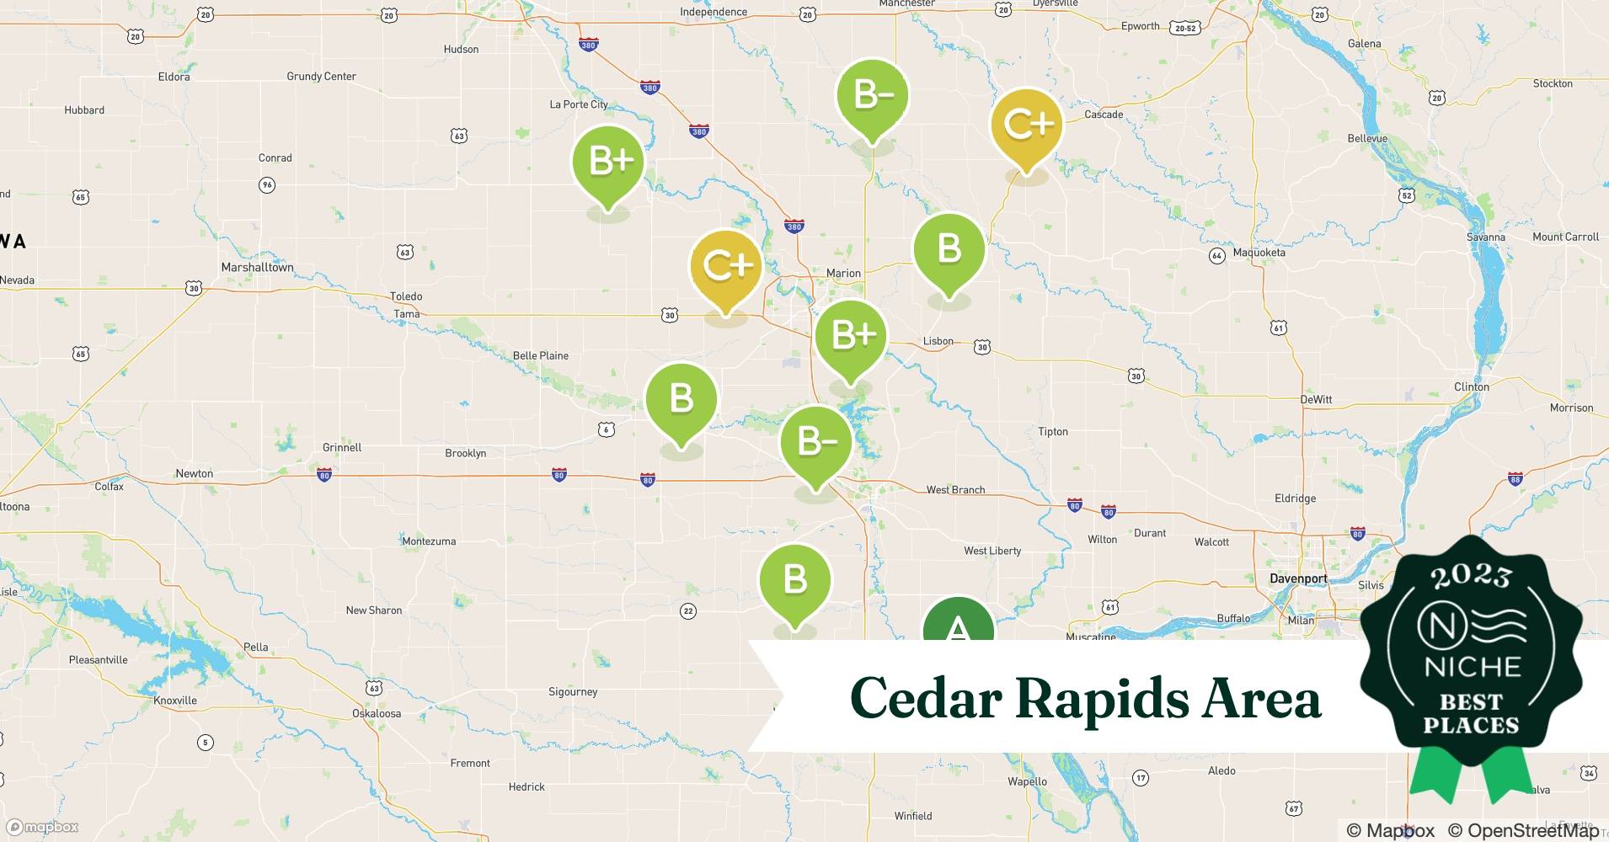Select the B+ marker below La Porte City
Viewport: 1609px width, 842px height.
click(607, 162)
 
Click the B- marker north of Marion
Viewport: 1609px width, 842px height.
click(872, 95)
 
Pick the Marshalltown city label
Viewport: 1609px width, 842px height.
click(257, 268)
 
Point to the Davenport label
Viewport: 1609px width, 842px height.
click(1298, 579)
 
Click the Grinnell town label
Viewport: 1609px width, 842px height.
click(342, 447)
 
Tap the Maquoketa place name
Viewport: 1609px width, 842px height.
click(1259, 253)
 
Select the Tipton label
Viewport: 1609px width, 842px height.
click(1053, 432)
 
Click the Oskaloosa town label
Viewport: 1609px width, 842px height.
click(377, 714)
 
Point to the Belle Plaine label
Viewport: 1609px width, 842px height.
click(541, 356)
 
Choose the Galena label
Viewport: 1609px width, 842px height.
click(1364, 44)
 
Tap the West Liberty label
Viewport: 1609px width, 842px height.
click(992, 551)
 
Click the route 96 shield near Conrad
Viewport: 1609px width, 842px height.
click(267, 185)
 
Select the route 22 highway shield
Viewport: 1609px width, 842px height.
click(688, 611)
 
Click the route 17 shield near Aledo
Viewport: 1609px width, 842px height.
click(1140, 778)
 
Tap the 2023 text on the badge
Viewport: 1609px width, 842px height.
click(1471, 576)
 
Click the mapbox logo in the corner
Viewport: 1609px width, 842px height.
click(42, 828)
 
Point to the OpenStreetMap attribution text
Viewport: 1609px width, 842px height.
click(1523, 831)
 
